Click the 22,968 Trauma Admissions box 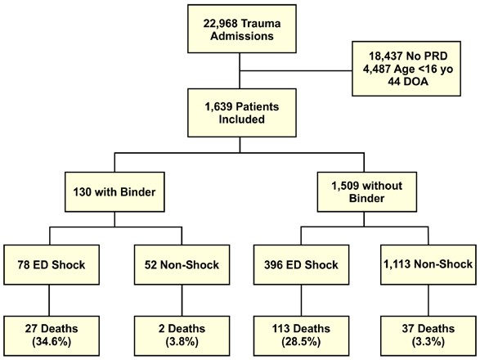(x=242, y=29)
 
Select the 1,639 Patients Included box (x=242, y=113)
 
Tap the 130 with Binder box (x=114, y=191)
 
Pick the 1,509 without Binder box (x=366, y=191)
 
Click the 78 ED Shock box (x=52, y=265)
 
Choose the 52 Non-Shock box (x=182, y=265)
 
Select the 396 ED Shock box (x=301, y=265)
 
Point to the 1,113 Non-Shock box (x=428, y=265)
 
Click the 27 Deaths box (x=52, y=335)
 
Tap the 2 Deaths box (x=182, y=335)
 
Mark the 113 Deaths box (x=301, y=335)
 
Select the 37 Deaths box (x=428, y=335)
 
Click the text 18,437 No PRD (x=408, y=56)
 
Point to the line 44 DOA (x=408, y=82)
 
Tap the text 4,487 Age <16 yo (x=408, y=69)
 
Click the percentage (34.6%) (x=52, y=342)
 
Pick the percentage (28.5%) (x=301, y=342)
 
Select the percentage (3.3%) (x=428, y=342)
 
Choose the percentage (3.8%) (x=182, y=342)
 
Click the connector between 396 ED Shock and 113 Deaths (x=301, y=300)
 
